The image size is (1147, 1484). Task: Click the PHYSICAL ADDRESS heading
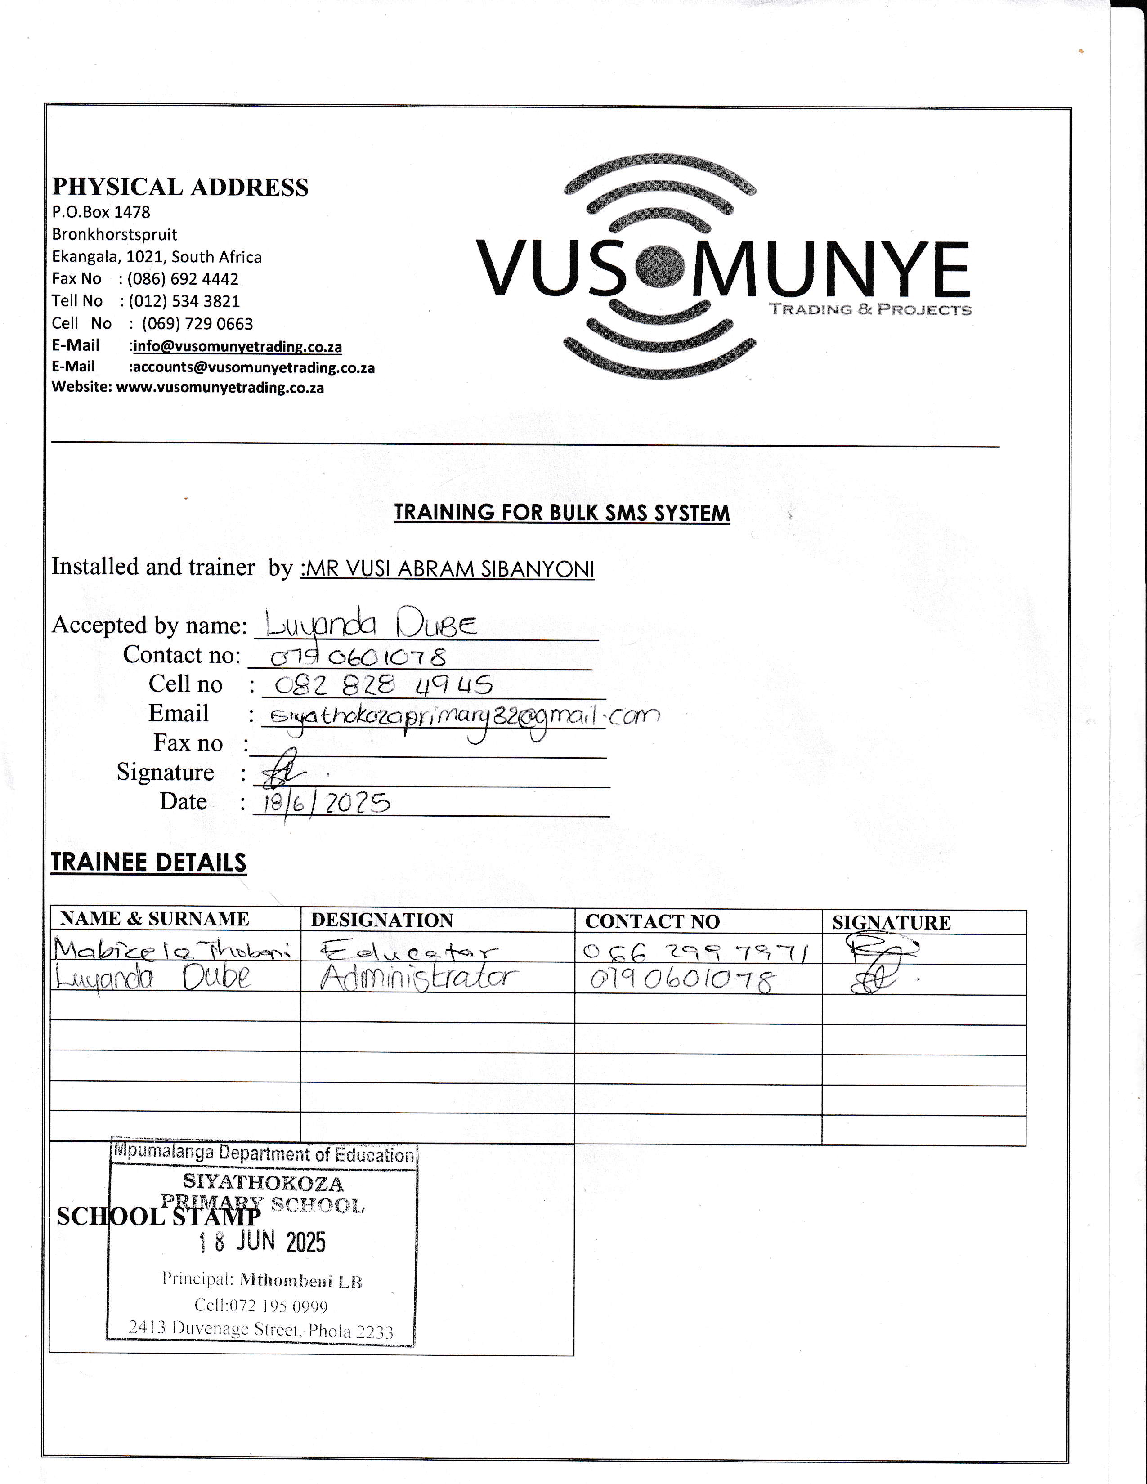pyautogui.click(x=180, y=187)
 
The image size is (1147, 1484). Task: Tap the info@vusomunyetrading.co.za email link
pyautogui.click(x=237, y=347)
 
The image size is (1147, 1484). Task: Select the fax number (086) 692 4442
pyautogui.click(x=183, y=279)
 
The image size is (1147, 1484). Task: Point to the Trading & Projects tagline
pyautogui.click(x=870, y=310)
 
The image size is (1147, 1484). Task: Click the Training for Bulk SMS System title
pyautogui.click(x=562, y=513)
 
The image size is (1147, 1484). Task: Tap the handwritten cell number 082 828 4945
pyautogui.click(x=383, y=686)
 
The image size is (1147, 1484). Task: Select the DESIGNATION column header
pyautogui.click(x=382, y=920)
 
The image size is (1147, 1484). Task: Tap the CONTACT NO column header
pyautogui.click(x=652, y=921)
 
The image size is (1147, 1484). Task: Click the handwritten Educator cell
pyautogui.click(x=408, y=951)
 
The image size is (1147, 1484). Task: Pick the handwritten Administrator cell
pyautogui.click(x=419, y=979)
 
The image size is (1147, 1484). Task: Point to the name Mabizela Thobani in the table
pyautogui.click(x=173, y=948)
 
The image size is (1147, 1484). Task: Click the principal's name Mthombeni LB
pyautogui.click(x=300, y=1282)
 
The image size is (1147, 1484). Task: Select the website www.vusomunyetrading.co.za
pyautogui.click(x=220, y=388)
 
